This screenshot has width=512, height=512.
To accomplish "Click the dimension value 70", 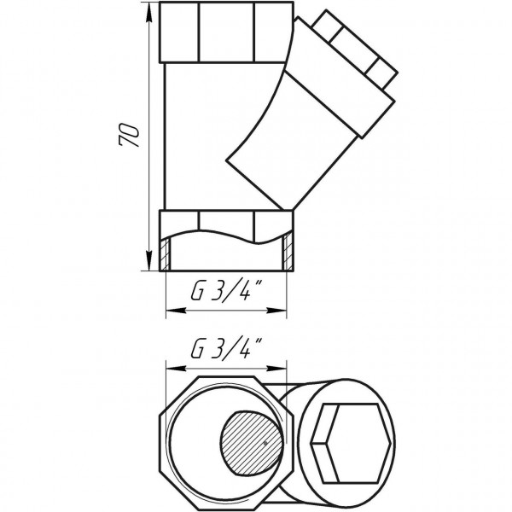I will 130,136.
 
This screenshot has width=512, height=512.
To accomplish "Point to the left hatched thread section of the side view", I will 166,255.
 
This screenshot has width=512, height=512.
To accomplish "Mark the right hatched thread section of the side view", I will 289,255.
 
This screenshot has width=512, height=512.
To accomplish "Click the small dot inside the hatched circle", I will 265,445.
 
